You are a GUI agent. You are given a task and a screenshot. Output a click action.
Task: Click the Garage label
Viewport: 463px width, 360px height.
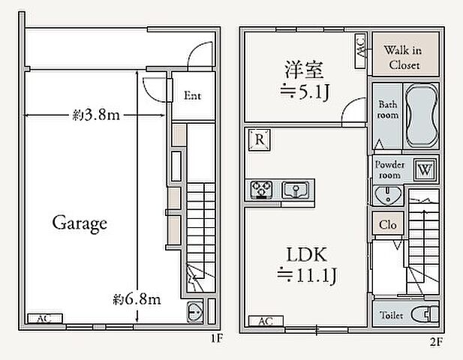pos(80,223)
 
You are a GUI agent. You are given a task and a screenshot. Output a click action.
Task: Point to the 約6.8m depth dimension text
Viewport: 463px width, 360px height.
pos(137,300)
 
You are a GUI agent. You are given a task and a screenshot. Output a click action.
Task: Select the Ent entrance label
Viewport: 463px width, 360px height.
pos(192,96)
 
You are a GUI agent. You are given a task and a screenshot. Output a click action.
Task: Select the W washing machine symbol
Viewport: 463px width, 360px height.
pos(425,169)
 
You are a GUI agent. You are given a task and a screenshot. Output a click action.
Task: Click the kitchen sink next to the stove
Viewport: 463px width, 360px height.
pos(296,189)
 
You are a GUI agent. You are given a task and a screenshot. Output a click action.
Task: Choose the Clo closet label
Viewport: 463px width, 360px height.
pos(387,223)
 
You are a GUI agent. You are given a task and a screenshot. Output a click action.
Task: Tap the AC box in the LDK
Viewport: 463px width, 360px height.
pos(265,321)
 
